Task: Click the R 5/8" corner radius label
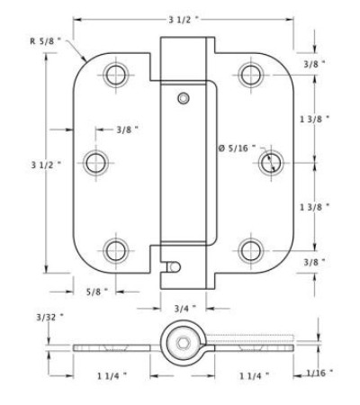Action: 45,41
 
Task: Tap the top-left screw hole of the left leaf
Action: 116,75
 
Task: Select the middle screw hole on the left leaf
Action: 96,163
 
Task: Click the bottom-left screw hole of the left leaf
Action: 116,251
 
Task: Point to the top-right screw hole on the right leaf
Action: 251,75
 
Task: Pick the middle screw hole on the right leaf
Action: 271,163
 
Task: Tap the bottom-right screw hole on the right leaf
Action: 251,251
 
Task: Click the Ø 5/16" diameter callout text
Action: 237,148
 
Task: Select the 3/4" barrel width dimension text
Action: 185,309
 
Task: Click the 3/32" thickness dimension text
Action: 49,318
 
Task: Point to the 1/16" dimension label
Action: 319,373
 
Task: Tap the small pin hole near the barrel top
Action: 184,98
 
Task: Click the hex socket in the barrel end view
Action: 182,343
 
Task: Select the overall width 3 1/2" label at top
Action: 184,20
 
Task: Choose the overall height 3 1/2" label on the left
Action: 46,165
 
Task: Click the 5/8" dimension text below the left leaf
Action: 97,292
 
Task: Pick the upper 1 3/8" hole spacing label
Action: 315,119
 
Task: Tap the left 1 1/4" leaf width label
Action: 112,376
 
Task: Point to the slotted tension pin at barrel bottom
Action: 174,266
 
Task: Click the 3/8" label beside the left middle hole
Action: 127,130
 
